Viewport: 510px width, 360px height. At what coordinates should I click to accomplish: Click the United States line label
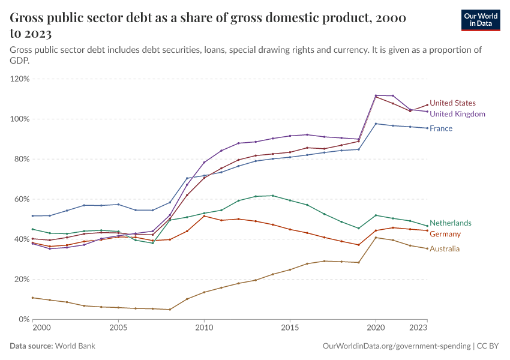(452, 103)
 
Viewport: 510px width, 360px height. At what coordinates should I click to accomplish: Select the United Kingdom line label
(457, 113)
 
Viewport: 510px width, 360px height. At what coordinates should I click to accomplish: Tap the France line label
(441, 128)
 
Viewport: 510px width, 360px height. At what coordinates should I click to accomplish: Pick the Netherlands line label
(450, 223)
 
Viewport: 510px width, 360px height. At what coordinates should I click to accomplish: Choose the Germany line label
(445, 234)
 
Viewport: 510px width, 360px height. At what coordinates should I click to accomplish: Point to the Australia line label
(445, 248)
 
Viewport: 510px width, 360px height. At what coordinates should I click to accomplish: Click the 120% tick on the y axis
(20, 79)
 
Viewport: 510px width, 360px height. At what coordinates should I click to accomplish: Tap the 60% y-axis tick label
(22, 199)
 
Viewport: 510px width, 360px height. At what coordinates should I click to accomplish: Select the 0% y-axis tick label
(23, 319)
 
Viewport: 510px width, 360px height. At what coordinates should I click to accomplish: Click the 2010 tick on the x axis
(204, 329)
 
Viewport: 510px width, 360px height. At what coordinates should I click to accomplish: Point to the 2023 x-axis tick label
(418, 329)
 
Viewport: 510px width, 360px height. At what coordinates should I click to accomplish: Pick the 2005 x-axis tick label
(118, 329)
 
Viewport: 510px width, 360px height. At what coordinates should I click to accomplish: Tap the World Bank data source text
(75, 346)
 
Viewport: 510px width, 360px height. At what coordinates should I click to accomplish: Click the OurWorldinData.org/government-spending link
(396, 346)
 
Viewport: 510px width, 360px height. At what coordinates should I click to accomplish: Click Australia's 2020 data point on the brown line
(376, 238)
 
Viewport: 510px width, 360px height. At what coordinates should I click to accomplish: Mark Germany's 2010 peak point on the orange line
(204, 216)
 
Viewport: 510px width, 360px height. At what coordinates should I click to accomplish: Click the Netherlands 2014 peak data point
(273, 196)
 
